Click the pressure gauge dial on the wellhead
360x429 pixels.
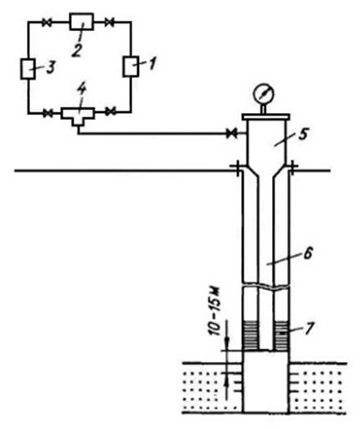263,94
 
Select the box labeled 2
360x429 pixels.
81,21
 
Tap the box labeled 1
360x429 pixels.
131,66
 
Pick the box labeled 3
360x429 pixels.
28,69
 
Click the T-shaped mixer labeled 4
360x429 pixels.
78,116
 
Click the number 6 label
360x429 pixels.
307,255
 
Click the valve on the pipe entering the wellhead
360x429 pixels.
231,133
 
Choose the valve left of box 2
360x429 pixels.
47,23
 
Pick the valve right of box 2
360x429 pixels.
110,23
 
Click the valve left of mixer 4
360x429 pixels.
48,113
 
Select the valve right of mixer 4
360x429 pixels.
111,111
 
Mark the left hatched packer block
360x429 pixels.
250,335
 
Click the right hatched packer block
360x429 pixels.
280,335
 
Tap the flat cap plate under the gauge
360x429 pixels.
265,116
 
